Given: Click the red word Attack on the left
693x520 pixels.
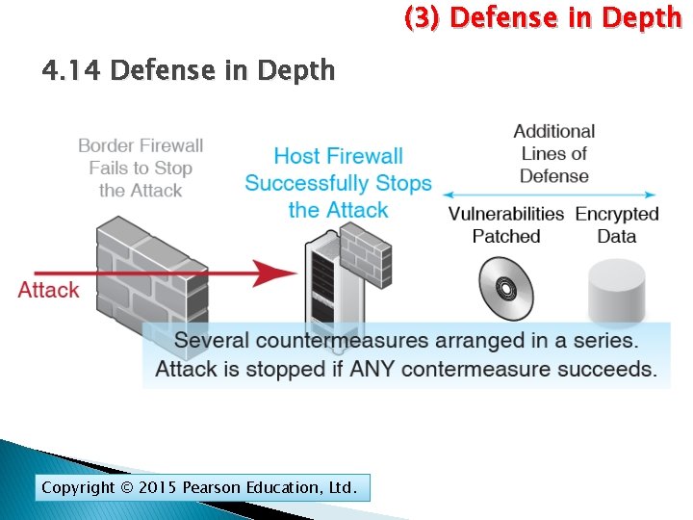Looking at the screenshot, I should coord(48,290).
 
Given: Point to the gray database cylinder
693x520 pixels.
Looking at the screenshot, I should coord(616,291).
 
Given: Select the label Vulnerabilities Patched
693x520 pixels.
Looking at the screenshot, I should coord(505,224).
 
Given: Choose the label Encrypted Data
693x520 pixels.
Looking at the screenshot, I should coord(617,224).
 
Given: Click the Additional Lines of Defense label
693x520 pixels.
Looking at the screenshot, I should coord(553,153).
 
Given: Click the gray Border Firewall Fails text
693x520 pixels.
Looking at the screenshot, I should coord(141,168).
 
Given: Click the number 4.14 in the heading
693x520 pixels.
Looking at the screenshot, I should coord(73,70).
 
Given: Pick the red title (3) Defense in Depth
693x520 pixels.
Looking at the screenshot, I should coord(542,17).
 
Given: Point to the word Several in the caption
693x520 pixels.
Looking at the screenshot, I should coord(214,341).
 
